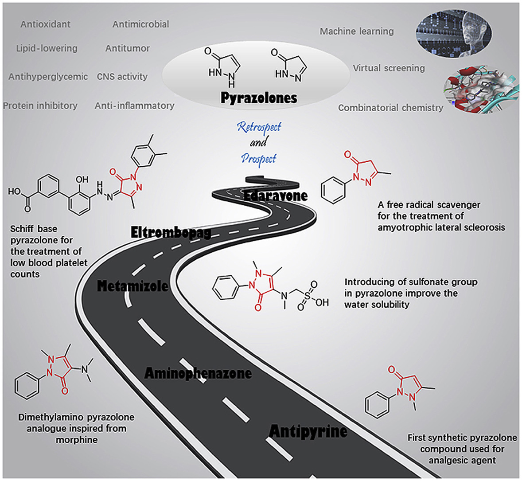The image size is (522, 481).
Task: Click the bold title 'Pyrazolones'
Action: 258,98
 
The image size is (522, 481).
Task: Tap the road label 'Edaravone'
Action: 276,196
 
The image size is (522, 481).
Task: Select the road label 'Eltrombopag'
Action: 171,232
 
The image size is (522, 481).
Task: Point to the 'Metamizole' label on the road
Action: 132,286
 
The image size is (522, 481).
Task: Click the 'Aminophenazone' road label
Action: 198,373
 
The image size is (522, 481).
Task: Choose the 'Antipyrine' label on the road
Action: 308,431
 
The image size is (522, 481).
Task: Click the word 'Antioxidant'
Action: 45,24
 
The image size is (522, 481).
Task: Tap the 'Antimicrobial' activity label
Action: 140,24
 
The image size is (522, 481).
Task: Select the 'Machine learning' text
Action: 357,31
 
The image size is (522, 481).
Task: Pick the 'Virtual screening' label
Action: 389,68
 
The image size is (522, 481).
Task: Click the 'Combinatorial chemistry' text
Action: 390,108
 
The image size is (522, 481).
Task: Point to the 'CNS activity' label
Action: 122,77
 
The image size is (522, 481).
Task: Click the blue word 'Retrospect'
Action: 259,127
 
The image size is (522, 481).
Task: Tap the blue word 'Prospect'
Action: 259,158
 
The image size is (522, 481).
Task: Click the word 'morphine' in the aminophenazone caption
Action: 76,440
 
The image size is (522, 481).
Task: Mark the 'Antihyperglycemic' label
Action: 48,77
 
